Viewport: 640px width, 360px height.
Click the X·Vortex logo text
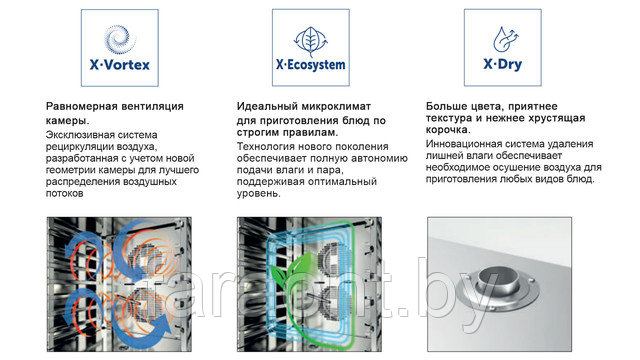click(120, 64)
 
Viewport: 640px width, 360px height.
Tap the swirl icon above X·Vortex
click(120, 40)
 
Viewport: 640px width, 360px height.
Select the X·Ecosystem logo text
click(311, 65)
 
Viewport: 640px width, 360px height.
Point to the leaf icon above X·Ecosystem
click(311, 41)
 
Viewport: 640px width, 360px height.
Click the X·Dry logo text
click(502, 64)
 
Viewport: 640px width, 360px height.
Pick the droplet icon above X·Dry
click(505, 40)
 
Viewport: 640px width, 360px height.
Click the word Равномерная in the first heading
click(80, 107)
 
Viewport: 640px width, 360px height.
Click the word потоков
click(64, 193)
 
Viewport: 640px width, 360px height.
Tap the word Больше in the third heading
click(446, 107)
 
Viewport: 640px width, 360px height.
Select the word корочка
click(448, 130)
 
